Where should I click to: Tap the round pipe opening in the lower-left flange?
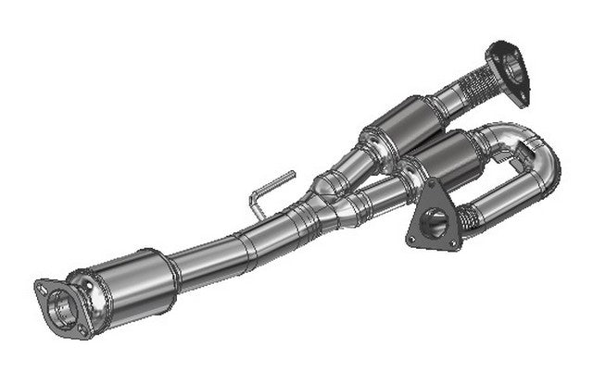click(x=64, y=304)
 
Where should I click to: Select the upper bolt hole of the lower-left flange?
click(x=44, y=287)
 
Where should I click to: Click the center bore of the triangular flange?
click(x=434, y=222)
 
